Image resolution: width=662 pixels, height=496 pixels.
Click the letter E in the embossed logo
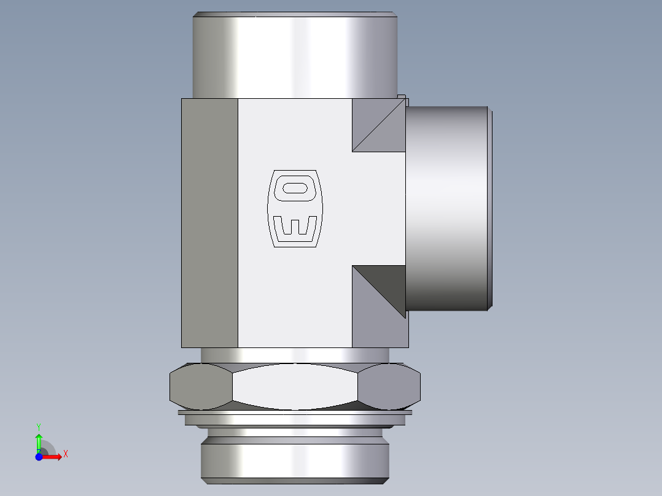(x=295, y=228)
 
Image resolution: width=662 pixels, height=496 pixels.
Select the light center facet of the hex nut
(x=295, y=387)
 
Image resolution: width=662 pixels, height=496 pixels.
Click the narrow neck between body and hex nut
(x=295, y=355)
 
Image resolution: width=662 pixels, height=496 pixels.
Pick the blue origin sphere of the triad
(x=39, y=457)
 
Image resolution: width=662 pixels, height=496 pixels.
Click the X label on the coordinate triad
(x=65, y=454)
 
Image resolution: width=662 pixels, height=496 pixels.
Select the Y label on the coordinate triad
(x=39, y=426)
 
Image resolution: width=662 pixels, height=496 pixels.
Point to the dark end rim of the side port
(x=491, y=209)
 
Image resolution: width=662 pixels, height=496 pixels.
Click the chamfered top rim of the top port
(x=295, y=14)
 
